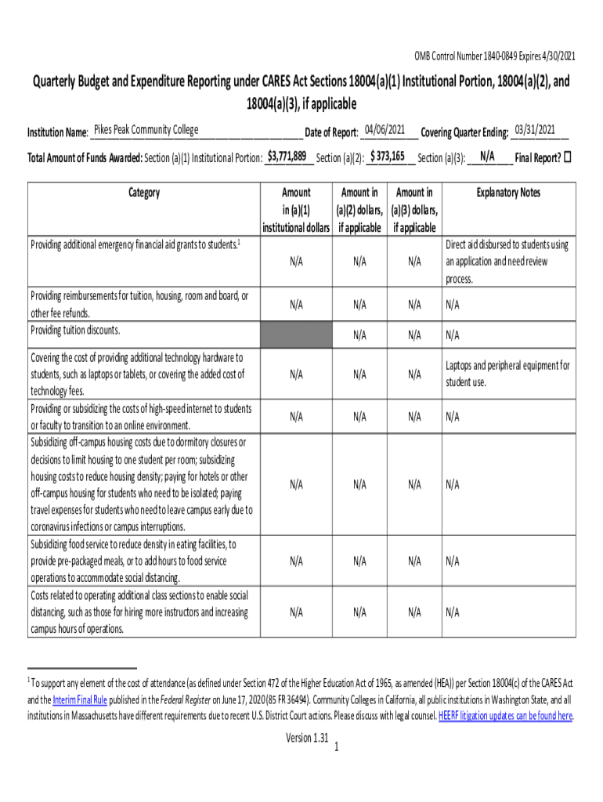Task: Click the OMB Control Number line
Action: [x=495, y=56]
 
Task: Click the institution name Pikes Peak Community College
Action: [x=146, y=129]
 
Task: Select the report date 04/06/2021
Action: [x=385, y=129]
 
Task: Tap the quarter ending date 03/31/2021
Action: [x=535, y=129]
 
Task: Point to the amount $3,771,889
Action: [x=286, y=156]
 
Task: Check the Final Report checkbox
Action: [x=568, y=157]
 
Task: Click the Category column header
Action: [x=143, y=193]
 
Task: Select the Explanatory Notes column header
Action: [x=508, y=193]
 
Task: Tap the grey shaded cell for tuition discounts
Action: [x=296, y=335]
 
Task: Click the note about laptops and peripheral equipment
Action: [x=507, y=374]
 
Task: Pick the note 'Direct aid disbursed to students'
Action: [x=507, y=262]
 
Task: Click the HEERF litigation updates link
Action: [x=505, y=715]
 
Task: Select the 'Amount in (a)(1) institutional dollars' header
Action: [x=296, y=210]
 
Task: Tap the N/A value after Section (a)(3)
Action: [x=488, y=156]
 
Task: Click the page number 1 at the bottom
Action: [x=335, y=748]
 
